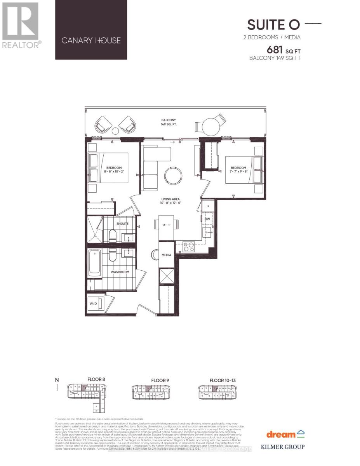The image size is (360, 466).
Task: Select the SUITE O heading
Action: (274, 24)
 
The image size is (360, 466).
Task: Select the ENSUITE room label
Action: (122, 224)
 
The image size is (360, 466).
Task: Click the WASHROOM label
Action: (120, 272)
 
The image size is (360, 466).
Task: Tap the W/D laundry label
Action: (93, 304)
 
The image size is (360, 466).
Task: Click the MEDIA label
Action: (167, 255)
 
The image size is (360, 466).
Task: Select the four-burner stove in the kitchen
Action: (189, 247)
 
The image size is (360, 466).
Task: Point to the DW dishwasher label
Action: (207, 219)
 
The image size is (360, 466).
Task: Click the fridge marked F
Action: (208, 206)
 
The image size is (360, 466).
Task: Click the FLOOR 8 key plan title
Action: (96, 380)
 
